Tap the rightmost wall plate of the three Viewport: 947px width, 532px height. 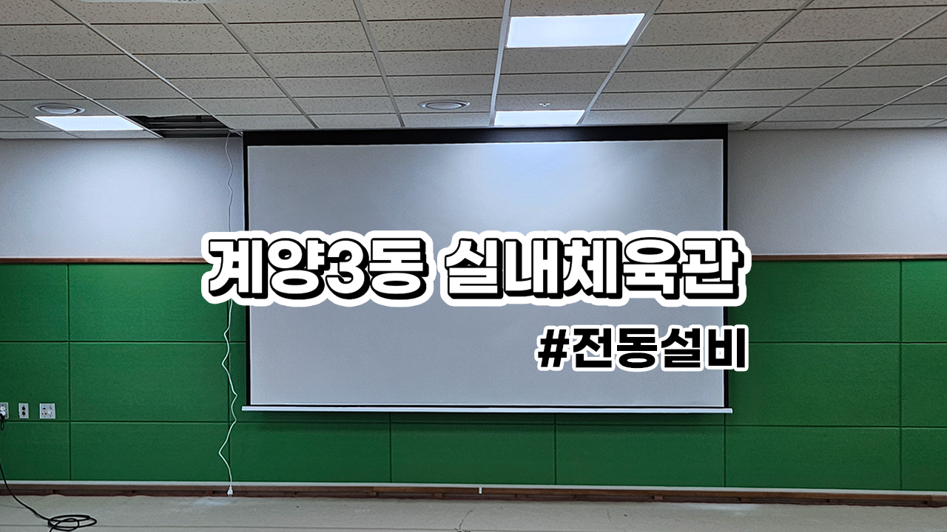tap(47, 410)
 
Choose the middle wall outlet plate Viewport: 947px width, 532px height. tap(23, 410)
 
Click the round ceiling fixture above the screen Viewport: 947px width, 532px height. tap(444, 105)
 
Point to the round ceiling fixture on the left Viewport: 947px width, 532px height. tap(59, 109)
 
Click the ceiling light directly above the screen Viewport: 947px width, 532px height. tap(539, 117)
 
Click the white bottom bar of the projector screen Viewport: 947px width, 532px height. tap(487, 409)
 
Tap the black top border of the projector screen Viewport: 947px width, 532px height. tap(485, 137)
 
